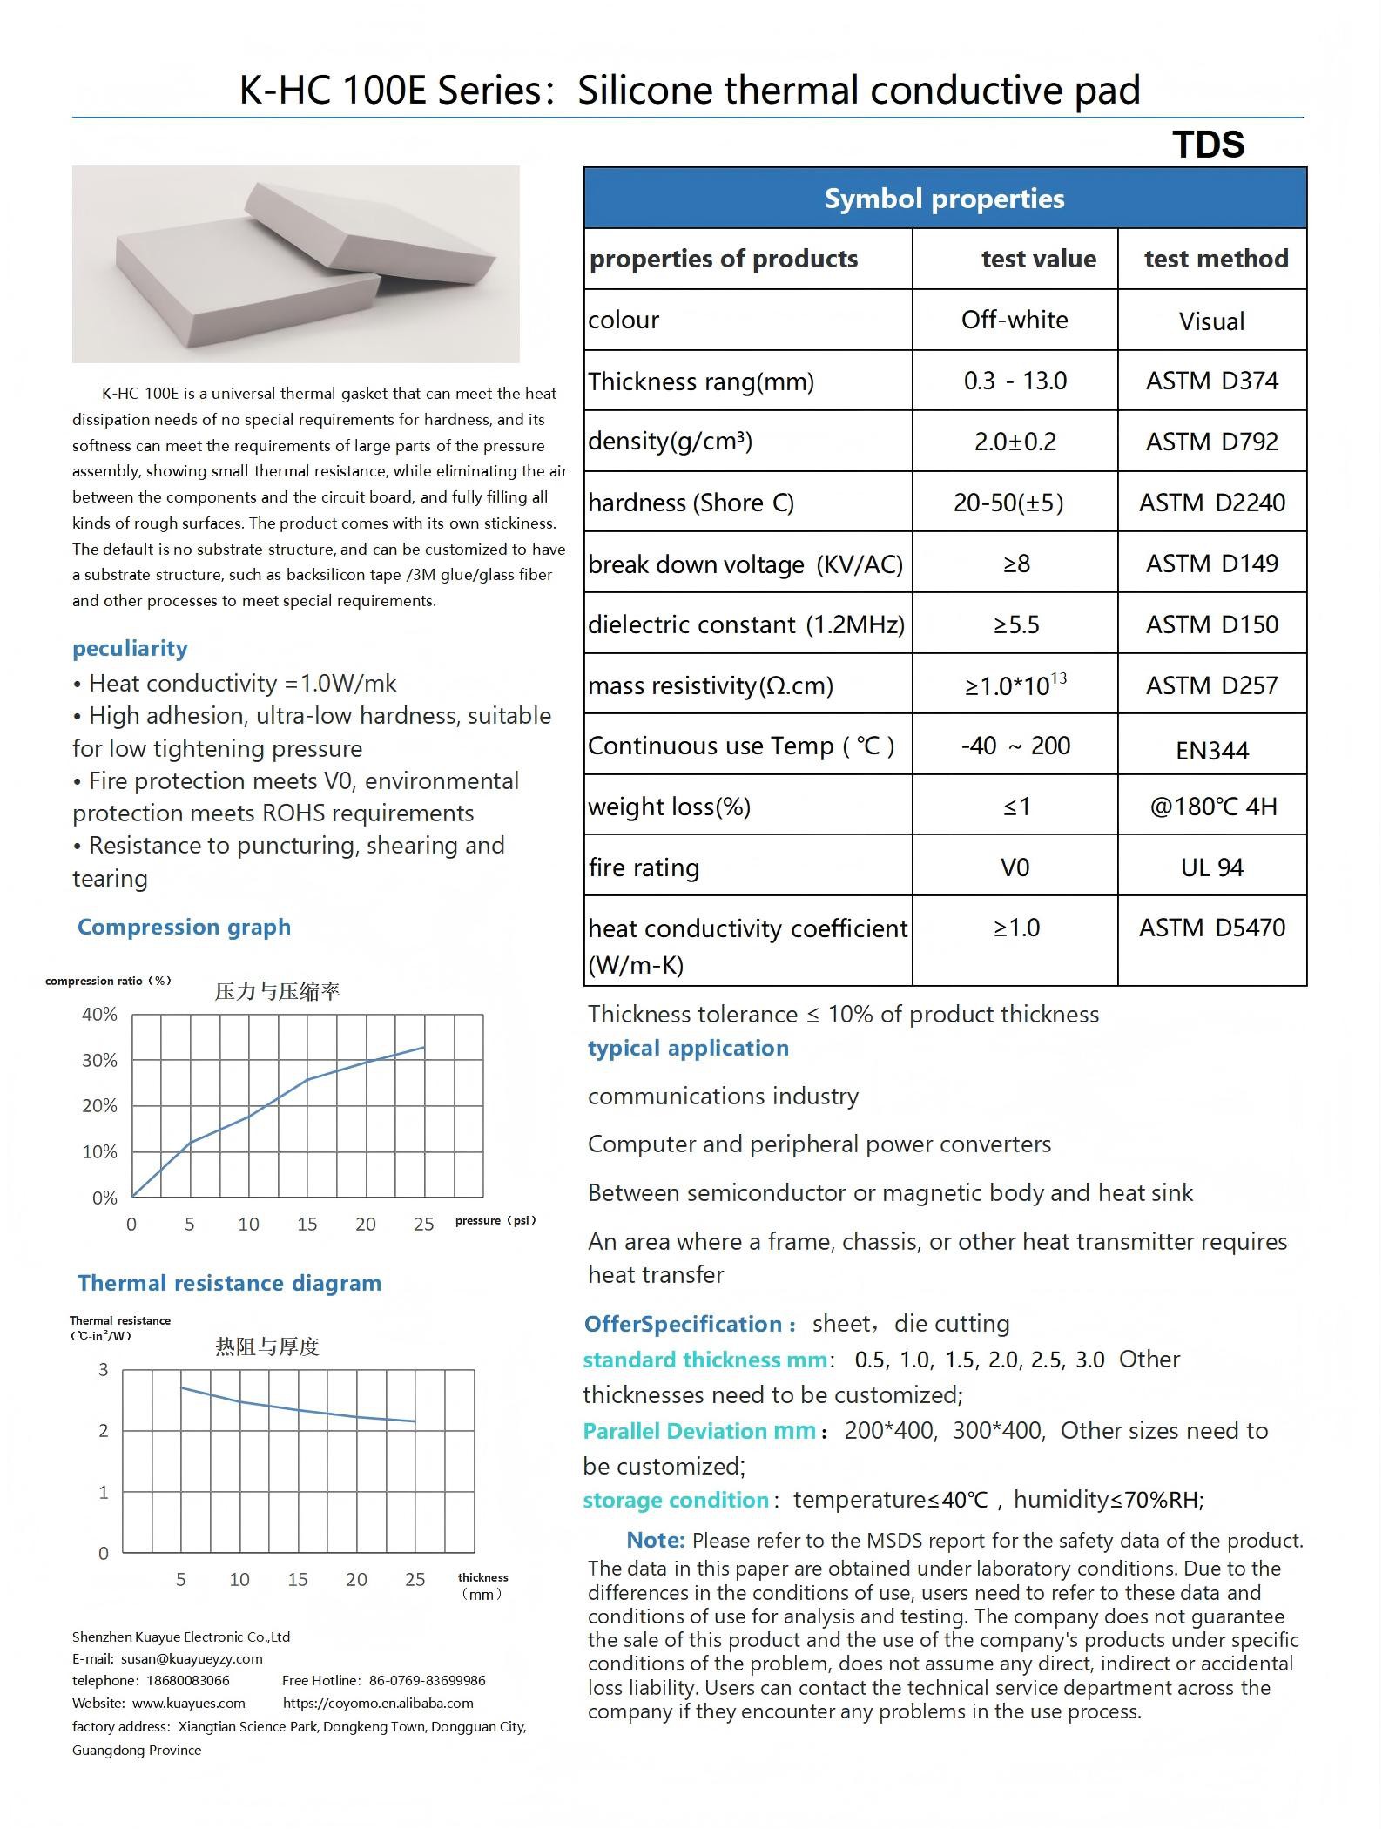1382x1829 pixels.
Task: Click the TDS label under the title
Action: click(x=1208, y=145)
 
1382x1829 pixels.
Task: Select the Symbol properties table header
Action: click(x=944, y=199)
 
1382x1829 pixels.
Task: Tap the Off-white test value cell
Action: click(x=1015, y=320)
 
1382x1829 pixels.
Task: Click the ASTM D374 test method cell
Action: click(x=1211, y=381)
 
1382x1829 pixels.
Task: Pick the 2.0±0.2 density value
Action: click(x=1015, y=442)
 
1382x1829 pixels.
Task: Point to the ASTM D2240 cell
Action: click(x=1211, y=503)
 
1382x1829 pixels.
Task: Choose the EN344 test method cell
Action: click(x=1211, y=750)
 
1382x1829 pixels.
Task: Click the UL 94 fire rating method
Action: click(x=1211, y=867)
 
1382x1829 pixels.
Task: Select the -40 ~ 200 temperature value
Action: click(x=1015, y=746)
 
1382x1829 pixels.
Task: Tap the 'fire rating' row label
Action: click(x=644, y=867)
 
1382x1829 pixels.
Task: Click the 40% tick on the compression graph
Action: click(x=99, y=1014)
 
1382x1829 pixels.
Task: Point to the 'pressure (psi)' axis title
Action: click(x=495, y=1220)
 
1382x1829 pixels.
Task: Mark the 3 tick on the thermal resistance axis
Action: click(x=104, y=1370)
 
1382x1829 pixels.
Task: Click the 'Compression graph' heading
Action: click(x=184, y=927)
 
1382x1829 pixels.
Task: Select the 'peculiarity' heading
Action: click(x=130, y=648)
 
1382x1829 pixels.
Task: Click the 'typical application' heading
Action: click(x=688, y=1048)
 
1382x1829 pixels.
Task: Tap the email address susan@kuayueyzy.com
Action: click(x=192, y=1659)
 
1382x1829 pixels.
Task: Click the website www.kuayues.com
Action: click(x=188, y=1703)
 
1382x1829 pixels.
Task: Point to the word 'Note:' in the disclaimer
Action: click(x=655, y=1540)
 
